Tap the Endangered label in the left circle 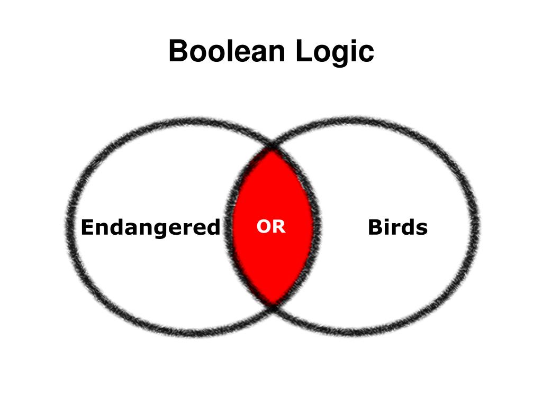click(x=150, y=227)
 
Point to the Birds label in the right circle click(x=398, y=227)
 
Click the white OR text click(x=271, y=227)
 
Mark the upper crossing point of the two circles click(x=272, y=145)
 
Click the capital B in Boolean click(x=179, y=51)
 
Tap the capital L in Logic click(x=303, y=51)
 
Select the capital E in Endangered click(x=87, y=227)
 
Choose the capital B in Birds click(x=375, y=227)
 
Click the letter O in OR click(x=264, y=227)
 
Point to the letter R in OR click(x=278, y=227)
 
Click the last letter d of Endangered click(x=213, y=227)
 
